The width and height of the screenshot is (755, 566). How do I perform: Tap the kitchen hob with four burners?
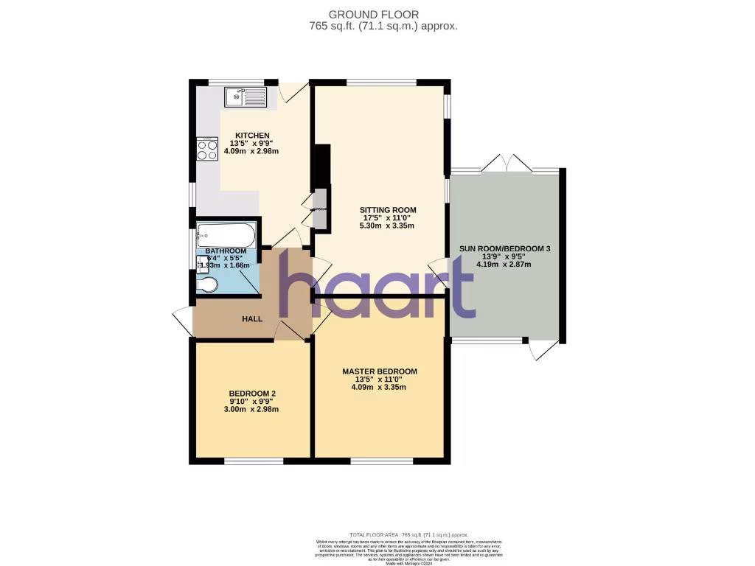(x=206, y=150)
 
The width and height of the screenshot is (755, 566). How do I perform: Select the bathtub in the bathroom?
(x=226, y=237)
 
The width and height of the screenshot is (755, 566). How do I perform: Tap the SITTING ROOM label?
(x=388, y=210)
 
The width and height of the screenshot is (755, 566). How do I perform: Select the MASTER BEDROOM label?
(x=380, y=371)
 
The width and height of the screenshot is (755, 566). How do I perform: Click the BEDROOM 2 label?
(x=252, y=394)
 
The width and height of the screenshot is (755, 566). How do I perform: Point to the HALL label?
(x=253, y=319)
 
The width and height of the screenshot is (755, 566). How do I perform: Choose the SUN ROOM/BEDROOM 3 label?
(x=505, y=249)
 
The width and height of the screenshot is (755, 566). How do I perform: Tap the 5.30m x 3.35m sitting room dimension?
(x=388, y=226)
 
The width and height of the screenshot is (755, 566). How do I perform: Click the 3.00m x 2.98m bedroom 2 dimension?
(x=252, y=409)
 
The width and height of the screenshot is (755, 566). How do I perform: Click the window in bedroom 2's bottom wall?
(x=253, y=461)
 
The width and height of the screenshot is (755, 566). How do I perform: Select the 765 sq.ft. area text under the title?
(x=383, y=26)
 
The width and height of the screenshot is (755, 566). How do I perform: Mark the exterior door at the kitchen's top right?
(x=293, y=91)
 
